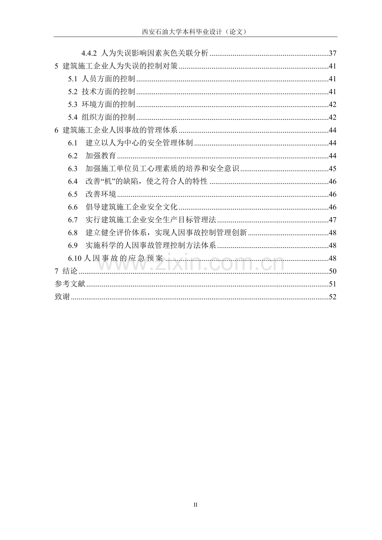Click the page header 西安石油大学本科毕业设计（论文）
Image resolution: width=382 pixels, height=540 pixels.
pos(195,32)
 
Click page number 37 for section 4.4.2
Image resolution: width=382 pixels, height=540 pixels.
pos(332,54)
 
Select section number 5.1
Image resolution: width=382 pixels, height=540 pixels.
pos(73,79)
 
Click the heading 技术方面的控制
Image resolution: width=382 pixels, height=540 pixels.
pos(108,92)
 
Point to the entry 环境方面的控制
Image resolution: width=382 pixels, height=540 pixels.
pos(108,105)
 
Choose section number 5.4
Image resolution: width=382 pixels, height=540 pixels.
pos(73,117)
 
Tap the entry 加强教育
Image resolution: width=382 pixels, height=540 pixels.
pos(100,156)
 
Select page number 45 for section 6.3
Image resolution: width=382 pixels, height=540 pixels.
pos(332,169)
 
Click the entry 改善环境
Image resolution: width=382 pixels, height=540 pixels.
pos(100,195)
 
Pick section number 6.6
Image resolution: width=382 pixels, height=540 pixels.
pos(73,207)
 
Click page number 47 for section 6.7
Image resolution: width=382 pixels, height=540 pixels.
pos(332,220)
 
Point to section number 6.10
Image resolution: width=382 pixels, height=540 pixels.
pos(75,258)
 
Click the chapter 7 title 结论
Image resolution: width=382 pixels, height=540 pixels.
pos(70,271)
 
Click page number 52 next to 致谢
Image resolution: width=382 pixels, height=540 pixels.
pos(332,297)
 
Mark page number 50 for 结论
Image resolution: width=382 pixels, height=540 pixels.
pos(332,271)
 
